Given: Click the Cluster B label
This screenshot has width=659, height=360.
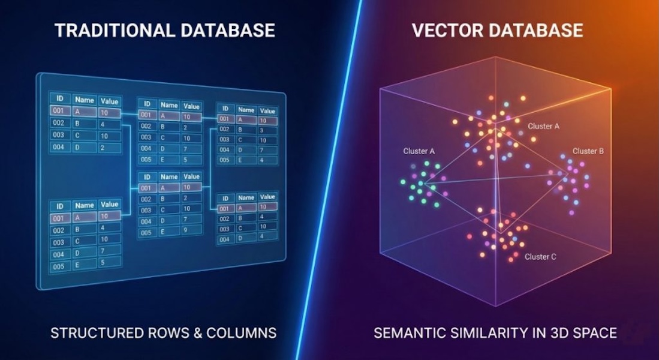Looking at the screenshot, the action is tap(588, 151).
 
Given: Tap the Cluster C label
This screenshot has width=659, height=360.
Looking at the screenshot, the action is tap(540, 257).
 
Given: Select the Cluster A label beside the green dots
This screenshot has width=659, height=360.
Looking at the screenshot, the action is tap(419, 151).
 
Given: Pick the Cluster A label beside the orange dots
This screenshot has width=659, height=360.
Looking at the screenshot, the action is tap(543, 126).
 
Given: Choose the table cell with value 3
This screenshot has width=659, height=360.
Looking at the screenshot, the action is tap(266, 131).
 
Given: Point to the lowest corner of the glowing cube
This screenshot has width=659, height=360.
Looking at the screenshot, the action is tap(496, 306).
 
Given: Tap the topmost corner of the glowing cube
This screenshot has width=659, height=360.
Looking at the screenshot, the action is tap(495, 57).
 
